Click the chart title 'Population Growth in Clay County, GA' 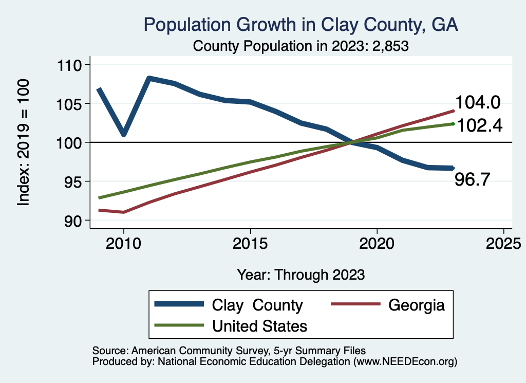point(300,24)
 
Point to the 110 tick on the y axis point(71,65)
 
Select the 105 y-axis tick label point(71,104)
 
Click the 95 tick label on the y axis point(74,181)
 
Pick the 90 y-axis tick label point(74,221)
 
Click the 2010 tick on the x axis point(123,243)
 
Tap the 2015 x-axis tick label point(250,243)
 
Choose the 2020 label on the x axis point(377,243)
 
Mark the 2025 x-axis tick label point(503,243)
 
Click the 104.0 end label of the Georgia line point(478,103)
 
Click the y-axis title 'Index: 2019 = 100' point(24,143)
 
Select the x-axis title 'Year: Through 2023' point(301,275)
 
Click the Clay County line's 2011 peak point(148,79)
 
